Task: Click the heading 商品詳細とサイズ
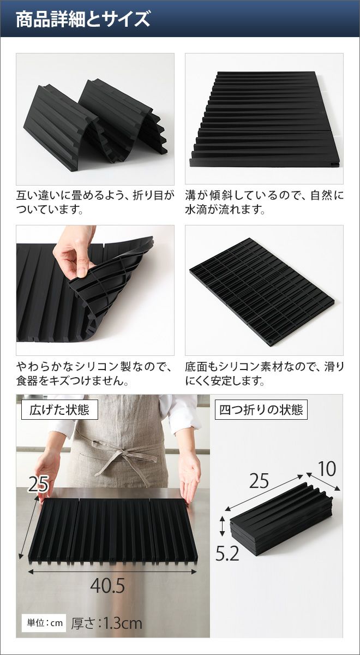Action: (83, 19)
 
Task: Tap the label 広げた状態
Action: (59, 410)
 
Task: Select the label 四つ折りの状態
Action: (261, 410)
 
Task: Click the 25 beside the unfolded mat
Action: (38, 484)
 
